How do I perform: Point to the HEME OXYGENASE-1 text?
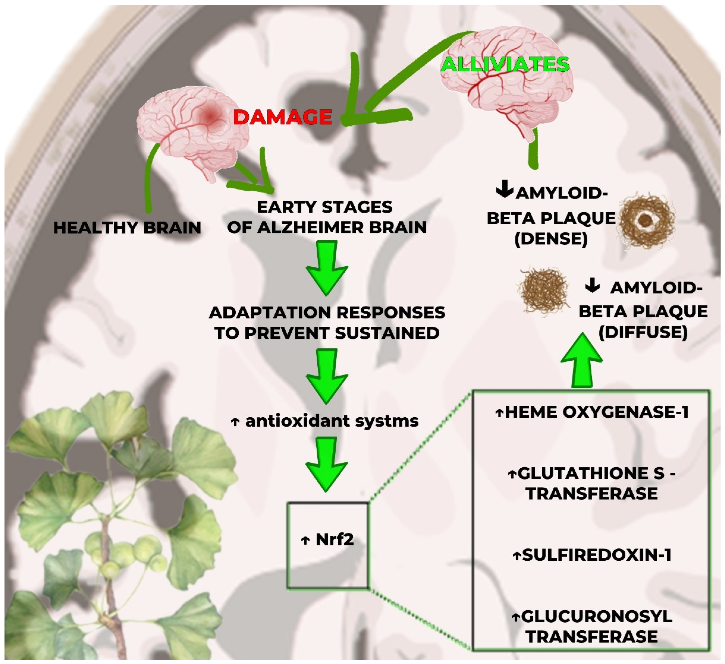tap(592, 412)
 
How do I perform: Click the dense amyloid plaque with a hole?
tap(646, 220)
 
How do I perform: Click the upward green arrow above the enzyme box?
tap(581, 363)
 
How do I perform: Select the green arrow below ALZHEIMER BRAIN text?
tap(327, 268)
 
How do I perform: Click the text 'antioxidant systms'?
tap(332, 421)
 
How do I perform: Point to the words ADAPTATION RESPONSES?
tap(327, 313)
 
